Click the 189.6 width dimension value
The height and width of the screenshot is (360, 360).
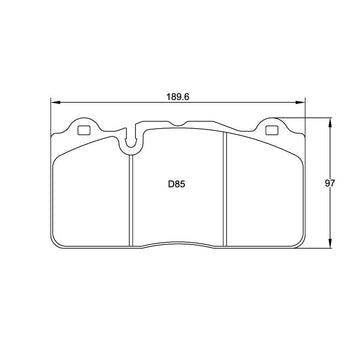(178, 97)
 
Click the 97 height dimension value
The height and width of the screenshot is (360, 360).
(330, 183)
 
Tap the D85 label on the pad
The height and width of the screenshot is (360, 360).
(176, 184)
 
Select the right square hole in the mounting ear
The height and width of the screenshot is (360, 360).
(271, 130)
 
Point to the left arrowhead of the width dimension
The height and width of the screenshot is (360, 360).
(55, 103)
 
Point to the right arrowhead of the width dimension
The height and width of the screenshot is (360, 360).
(301, 103)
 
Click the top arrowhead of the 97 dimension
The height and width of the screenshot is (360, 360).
(330, 122)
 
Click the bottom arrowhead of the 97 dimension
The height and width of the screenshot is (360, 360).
(330, 244)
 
